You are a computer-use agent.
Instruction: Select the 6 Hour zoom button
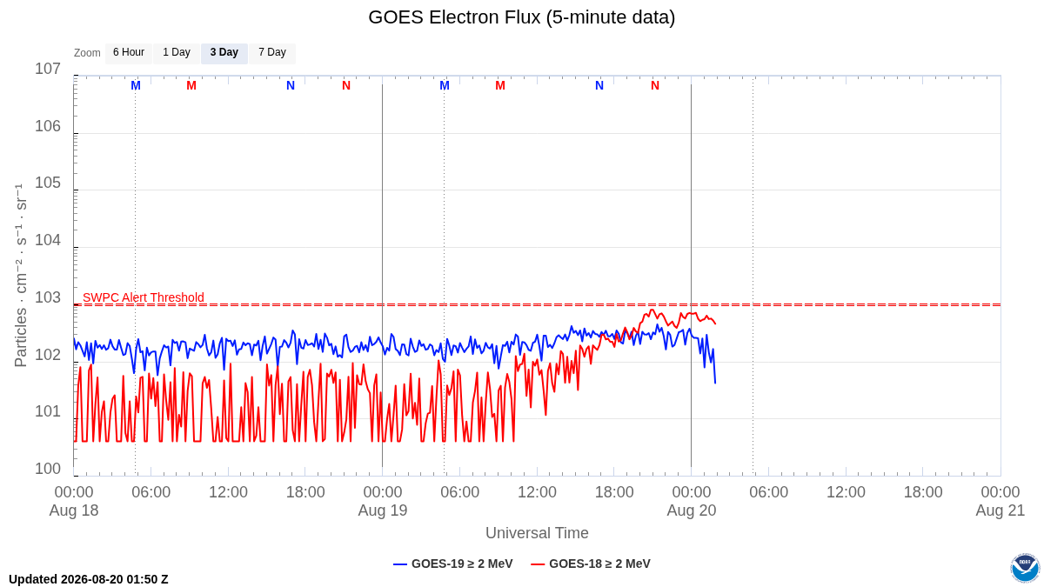pyautogui.click(x=129, y=53)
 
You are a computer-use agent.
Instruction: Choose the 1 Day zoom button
pyautogui.click(x=177, y=53)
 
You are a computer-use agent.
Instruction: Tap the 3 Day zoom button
pyautogui.click(x=224, y=53)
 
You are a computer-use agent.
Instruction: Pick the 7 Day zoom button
pyautogui.click(x=272, y=53)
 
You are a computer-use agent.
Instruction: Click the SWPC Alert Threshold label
pyautogui.click(x=144, y=297)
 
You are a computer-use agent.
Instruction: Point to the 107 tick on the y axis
pyautogui.click(x=48, y=69)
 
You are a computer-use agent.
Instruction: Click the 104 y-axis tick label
pyautogui.click(x=48, y=240)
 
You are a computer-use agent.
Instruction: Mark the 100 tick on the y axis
pyautogui.click(x=48, y=469)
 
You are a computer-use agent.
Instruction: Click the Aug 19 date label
pyautogui.click(x=383, y=510)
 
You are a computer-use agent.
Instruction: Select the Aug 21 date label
pyautogui.click(x=1000, y=510)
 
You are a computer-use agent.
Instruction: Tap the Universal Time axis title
pyautogui.click(x=537, y=533)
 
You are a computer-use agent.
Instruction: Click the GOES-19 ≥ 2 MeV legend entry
pyautogui.click(x=453, y=564)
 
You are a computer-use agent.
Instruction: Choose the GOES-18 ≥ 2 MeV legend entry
pyautogui.click(x=591, y=564)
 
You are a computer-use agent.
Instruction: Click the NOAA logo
pyautogui.click(x=1025, y=568)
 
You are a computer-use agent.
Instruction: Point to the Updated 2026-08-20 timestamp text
pyautogui.click(x=89, y=579)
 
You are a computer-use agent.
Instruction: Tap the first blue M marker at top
pyautogui.click(x=136, y=86)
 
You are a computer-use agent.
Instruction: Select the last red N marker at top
pyautogui.click(x=655, y=86)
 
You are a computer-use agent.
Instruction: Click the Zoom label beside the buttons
pyautogui.click(x=87, y=53)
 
